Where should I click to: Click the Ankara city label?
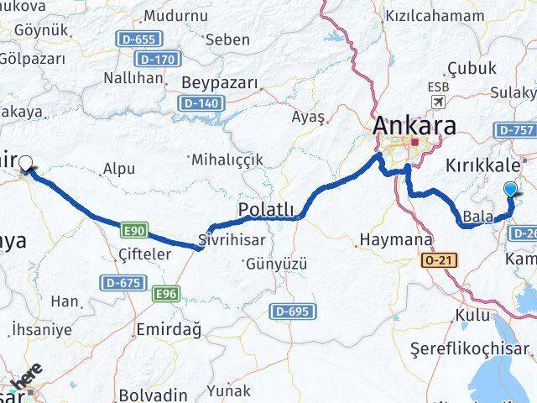414,127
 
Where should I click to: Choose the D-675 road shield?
121,284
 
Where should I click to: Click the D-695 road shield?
292,312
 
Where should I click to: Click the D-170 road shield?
159,60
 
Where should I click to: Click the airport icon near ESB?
437,102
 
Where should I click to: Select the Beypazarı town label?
217,84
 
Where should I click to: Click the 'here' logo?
28,380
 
